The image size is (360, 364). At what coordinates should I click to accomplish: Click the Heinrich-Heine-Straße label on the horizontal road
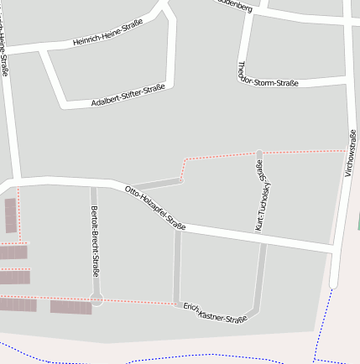(x=107, y=37)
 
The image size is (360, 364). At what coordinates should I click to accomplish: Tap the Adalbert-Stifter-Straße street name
(x=128, y=96)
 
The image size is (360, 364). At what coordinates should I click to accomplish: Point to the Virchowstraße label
(x=350, y=153)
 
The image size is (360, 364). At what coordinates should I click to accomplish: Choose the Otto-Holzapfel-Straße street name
(x=155, y=207)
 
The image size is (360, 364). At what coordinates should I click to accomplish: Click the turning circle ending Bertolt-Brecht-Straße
(x=97, y=299)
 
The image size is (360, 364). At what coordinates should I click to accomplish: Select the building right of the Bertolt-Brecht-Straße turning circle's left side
(x=71, y=307)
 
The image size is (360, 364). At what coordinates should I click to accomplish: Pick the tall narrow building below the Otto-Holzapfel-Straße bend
(x=10, y=216)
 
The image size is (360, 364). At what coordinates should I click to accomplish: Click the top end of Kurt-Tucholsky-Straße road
(x=259, y=154)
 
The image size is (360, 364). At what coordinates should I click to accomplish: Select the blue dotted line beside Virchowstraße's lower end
(x=327, y=319)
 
